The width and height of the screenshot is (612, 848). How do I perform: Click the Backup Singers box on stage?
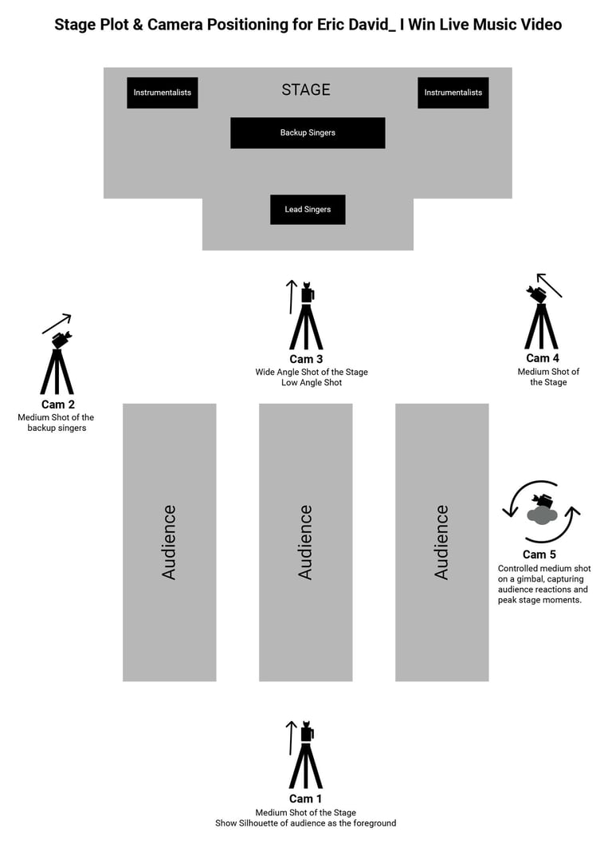[308, 132]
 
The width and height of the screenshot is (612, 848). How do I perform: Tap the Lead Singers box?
[308, 210]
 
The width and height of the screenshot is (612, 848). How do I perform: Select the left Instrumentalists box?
[163, 93]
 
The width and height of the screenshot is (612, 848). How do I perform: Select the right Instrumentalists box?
[453, 93]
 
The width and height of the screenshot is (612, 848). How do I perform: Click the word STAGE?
[306, 90]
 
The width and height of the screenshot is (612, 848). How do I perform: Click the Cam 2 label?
[58, 404]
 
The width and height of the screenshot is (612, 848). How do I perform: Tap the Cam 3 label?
[306, 360]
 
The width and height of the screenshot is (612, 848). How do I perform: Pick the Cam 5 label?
[539, 554]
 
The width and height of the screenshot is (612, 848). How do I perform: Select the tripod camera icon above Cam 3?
[306, 317]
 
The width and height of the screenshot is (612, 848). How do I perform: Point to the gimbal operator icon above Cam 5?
[542, 511]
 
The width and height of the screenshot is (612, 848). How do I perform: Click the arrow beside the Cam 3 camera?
[292, 297]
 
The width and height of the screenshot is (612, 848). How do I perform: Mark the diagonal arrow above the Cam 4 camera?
[549, 285]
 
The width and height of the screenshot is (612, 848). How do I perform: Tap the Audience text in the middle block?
[306, 542]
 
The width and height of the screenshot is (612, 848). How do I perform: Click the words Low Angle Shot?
[312, 383]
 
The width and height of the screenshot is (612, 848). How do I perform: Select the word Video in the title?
[542, 25]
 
